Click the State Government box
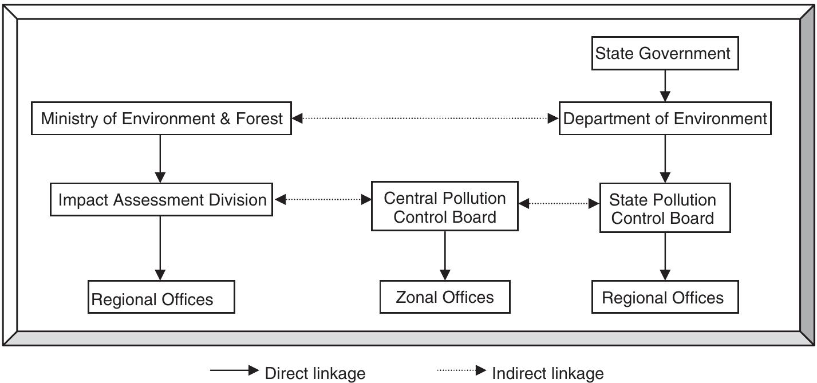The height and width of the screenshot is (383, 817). [663, 54]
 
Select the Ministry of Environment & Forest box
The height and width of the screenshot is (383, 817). [161, 119]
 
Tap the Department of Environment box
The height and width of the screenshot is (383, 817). [665, 119]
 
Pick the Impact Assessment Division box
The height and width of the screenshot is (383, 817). [161, 200]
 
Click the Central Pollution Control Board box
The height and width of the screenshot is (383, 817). [444, 207]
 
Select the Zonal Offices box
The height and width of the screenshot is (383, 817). [444, 297]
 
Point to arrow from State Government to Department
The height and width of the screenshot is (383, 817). [665, 86]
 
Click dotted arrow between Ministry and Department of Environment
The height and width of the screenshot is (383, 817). [425, 119]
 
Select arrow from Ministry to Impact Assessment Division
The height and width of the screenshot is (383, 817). [160, 159]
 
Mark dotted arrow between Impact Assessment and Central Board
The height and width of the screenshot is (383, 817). [322, 200]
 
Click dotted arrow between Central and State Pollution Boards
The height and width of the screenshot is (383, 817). [559, 203]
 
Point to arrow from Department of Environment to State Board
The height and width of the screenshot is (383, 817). [665, 159]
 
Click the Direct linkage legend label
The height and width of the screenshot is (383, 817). [314, 374]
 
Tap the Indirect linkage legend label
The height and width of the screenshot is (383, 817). [547, 374]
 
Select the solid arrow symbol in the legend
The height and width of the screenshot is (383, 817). [235, 371]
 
